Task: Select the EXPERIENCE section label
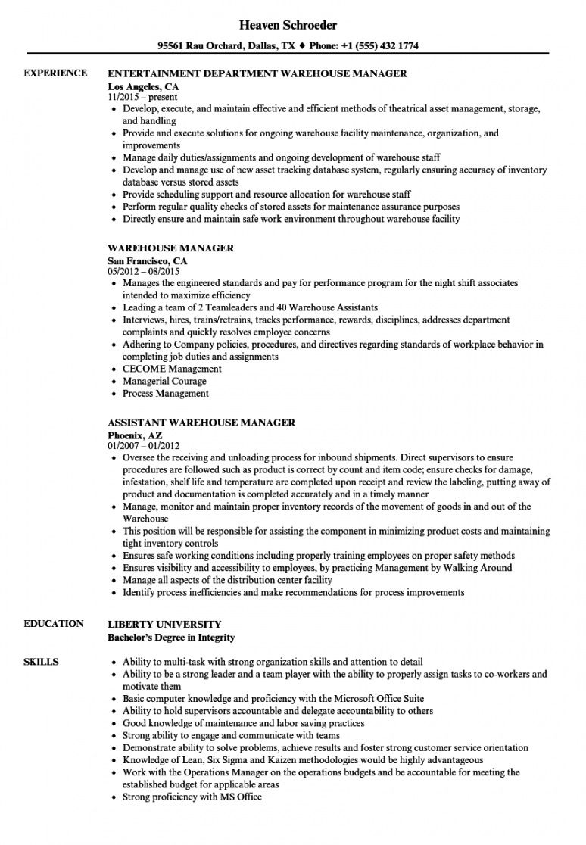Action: click(x=55, y=73)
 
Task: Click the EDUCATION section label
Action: click(x=54, y=624)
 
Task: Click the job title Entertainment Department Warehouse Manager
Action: click(x=257, y=74)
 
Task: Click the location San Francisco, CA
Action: click(x=147, y=260)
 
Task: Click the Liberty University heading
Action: click(x=164, y=625)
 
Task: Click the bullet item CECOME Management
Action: click(x=172, y=369)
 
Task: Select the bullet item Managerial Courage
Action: click(x=164, y=381)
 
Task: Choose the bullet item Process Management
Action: click(x=166, y=393)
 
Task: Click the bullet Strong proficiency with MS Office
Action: click(x=192, y=797)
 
